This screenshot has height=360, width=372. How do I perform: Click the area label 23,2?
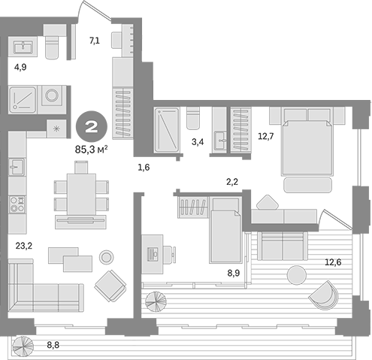coord(24,246)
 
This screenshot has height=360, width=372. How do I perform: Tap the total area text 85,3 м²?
coord(92,150)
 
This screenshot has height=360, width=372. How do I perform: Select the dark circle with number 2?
coord(92,127)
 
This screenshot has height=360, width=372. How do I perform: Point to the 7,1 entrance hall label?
coord(95,40)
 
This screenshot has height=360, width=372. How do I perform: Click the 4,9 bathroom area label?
coord(20,67)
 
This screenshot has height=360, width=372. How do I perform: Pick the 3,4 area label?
coord(198,142)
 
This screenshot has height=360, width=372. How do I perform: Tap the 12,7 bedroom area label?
coord(266,137)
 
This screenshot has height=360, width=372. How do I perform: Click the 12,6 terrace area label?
coord(333,262)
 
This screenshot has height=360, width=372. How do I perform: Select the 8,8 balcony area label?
coord(53,345)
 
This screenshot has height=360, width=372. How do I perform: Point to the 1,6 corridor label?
coord(144,168)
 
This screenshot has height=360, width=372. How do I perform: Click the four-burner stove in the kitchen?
coord(17,204)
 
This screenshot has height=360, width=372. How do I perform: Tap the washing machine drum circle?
coord(53,95)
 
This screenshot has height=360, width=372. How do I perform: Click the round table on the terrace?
coord(297,275)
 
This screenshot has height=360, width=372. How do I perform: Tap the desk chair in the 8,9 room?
coord(169,255)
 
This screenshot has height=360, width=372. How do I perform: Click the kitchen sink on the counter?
coord(17,167)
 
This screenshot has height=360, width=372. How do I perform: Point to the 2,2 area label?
coord(232,182)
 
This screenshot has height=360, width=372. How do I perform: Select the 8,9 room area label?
coord(234,273)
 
